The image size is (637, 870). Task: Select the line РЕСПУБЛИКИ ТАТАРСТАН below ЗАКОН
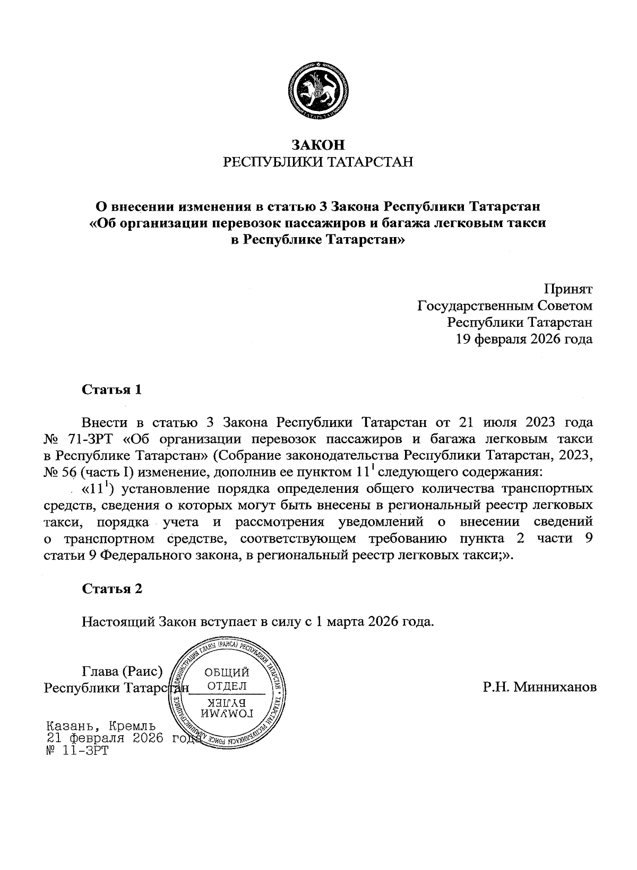(x=318, y=162)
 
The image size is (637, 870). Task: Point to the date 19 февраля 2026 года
(x=524, y=339)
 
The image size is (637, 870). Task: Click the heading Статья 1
(x=112, y=390)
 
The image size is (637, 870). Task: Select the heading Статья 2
(x=112, y=589)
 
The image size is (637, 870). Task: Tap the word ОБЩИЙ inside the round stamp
(x=226, y=673)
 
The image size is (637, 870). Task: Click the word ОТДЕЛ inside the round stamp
(x=226, y=686)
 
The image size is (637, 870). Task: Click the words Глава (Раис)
(x=122, y=672)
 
